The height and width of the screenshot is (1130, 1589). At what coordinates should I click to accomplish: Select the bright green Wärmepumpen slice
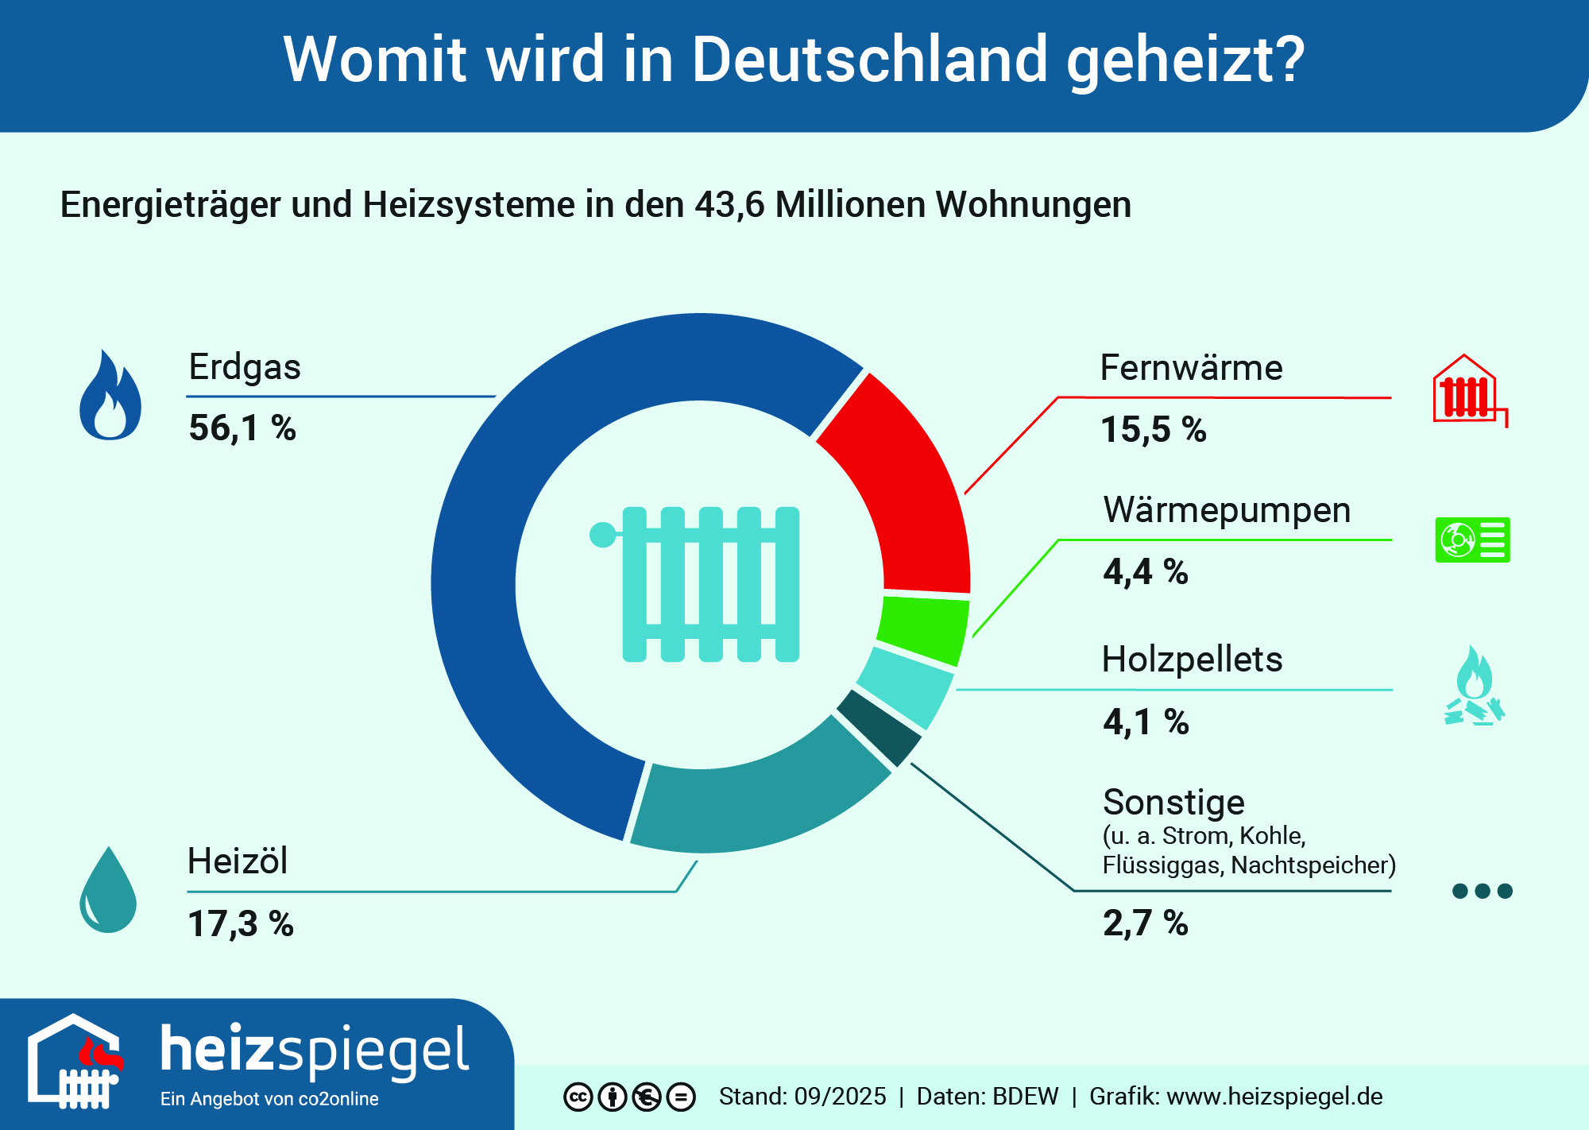pos(923,631)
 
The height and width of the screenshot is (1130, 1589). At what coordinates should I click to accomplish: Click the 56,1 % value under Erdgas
pos(242,428)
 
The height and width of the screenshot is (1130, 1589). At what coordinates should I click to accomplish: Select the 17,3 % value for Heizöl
pos(241,923)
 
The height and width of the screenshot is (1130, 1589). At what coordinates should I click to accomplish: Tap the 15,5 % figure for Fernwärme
pos(1154,430)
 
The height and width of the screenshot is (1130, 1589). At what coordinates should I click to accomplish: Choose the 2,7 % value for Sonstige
pos(1146,923)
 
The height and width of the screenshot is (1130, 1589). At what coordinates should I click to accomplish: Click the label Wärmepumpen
pos(1227,510)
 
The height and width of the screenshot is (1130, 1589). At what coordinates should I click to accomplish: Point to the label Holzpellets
pos(1192,660)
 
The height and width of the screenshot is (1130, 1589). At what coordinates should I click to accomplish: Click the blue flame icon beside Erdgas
pos(110,397)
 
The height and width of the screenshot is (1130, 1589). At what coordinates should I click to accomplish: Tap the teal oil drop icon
pos(108,890)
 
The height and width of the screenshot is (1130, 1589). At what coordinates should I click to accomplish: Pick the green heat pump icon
pos(1472,540)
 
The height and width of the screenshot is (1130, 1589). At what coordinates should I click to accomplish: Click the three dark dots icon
pos(1482,891)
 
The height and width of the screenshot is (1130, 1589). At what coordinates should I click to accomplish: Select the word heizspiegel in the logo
pos(315,1051)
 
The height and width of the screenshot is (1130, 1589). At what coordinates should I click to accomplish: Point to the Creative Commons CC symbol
pos(578,1097)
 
